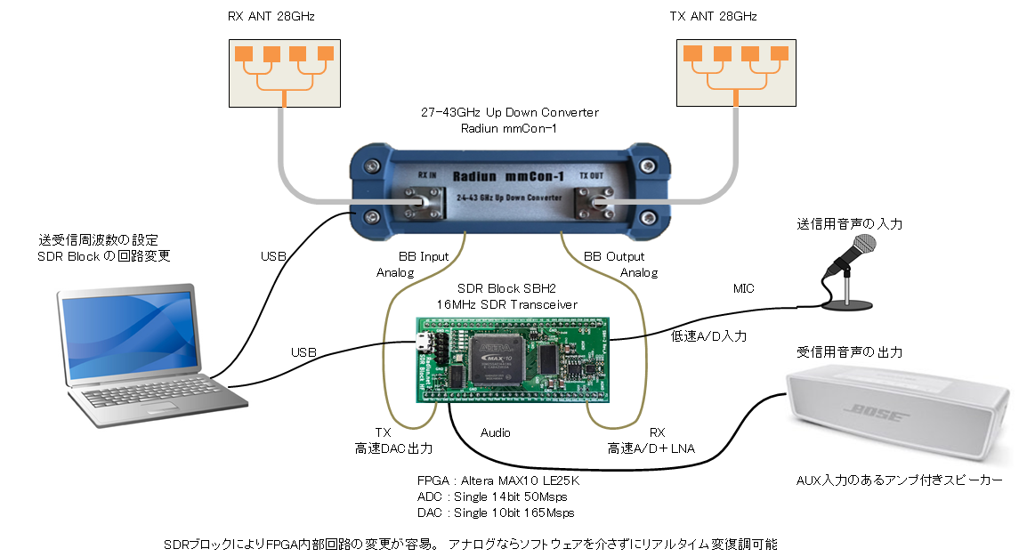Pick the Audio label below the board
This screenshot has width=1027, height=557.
(495, 432)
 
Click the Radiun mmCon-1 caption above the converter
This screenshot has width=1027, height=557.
(509, 128)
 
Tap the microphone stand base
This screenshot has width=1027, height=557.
(846, 305)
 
